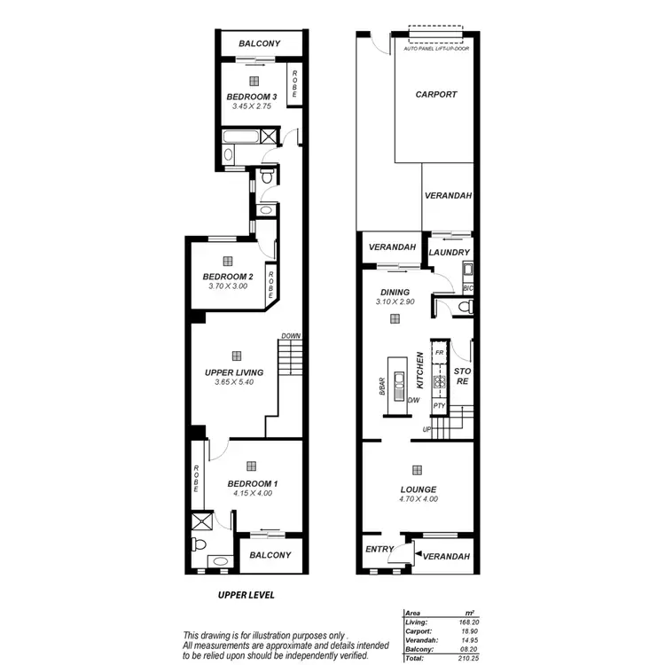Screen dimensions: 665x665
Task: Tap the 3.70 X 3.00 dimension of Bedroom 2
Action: pos(228,286)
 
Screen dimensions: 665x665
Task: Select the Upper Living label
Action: pos(234,372)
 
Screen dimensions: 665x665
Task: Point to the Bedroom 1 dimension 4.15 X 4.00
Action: pos(251,494)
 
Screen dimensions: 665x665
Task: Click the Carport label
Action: pos(435,94)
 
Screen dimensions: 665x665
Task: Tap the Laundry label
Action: pos(448,253)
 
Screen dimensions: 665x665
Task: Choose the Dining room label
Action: pos(395,293)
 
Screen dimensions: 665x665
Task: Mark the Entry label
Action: pos(379,549)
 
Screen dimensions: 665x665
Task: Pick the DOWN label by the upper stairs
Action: pos(291,336)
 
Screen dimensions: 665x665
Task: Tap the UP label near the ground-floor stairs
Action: pos(426,430)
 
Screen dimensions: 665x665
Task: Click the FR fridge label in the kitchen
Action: pos(439,353)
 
